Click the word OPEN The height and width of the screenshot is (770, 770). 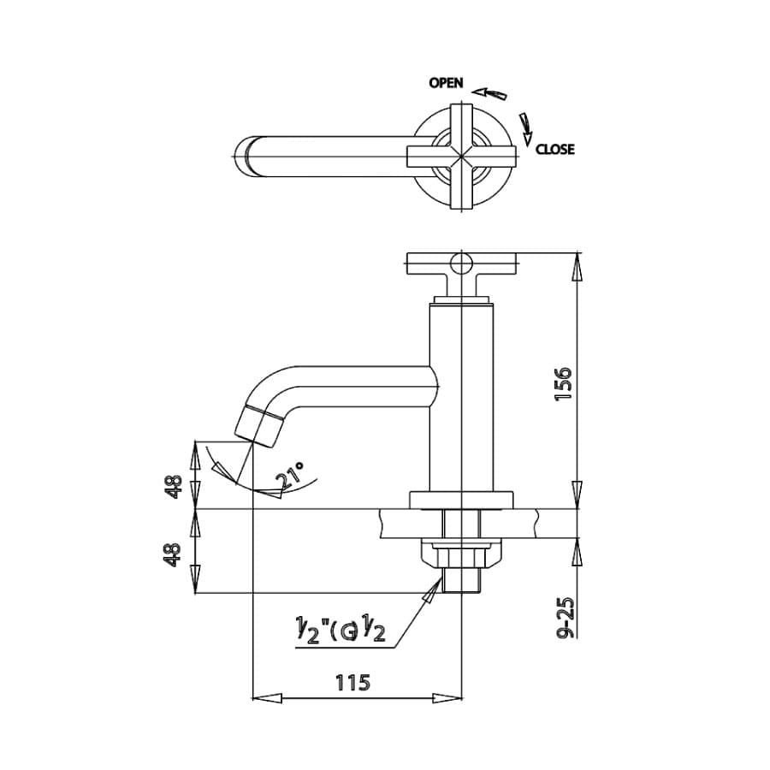point(446,83)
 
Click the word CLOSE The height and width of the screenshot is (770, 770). point(555,149)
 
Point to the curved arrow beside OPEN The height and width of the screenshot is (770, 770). point(490,92)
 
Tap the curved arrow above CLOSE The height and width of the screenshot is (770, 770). point(524,127)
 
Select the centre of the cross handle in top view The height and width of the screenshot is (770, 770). point(462,154)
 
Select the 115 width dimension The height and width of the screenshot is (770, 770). point(352,683)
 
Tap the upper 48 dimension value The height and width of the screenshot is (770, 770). point(175,487)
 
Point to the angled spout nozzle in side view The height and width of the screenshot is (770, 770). point(261,424)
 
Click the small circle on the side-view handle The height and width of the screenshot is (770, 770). point(462,261)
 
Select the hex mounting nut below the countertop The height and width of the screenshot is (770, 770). point(461,558)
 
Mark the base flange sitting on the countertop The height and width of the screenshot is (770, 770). point(461,500)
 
